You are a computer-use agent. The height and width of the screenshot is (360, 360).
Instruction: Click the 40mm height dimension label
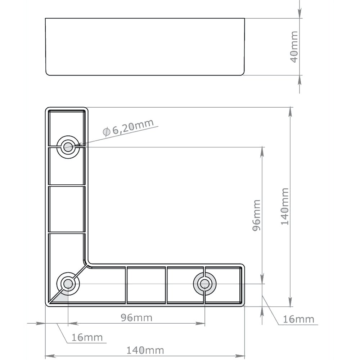pyautogui.click(x=294, y=46)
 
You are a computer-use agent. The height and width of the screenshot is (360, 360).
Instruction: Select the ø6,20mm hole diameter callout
pyautogui.click(x=128, y=127)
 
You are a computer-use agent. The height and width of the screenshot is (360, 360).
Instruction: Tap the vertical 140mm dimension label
pyautogui.click(x=285, y=206)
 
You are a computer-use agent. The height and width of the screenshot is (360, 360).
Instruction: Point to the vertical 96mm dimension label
pyautogui.click(x=256, y=215)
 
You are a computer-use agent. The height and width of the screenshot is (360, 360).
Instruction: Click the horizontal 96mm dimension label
pyautogui.click(x=136, y=318)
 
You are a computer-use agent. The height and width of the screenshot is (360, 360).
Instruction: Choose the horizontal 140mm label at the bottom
pyautogui.click(x=145, y=350)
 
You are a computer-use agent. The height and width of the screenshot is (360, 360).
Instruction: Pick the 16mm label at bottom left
pyautogui.click(x=87, y=338)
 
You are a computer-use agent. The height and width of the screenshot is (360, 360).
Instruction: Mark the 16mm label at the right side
pyautogui.click(x=298, y=319)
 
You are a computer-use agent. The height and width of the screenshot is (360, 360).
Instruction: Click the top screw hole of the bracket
pyautogui.click(x=68, y=147)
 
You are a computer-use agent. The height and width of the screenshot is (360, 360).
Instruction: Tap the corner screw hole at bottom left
pyautogui.click(x=68, y=284)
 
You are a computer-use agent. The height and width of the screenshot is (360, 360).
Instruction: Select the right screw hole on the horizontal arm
pyautogui.click(x=204, y=284)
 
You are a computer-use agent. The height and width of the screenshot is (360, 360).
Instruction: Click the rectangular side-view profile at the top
pyautogui.click(x=145, y=46)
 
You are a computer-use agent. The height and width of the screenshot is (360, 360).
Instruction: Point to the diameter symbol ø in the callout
pyautogui.click(x=107, y=132)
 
